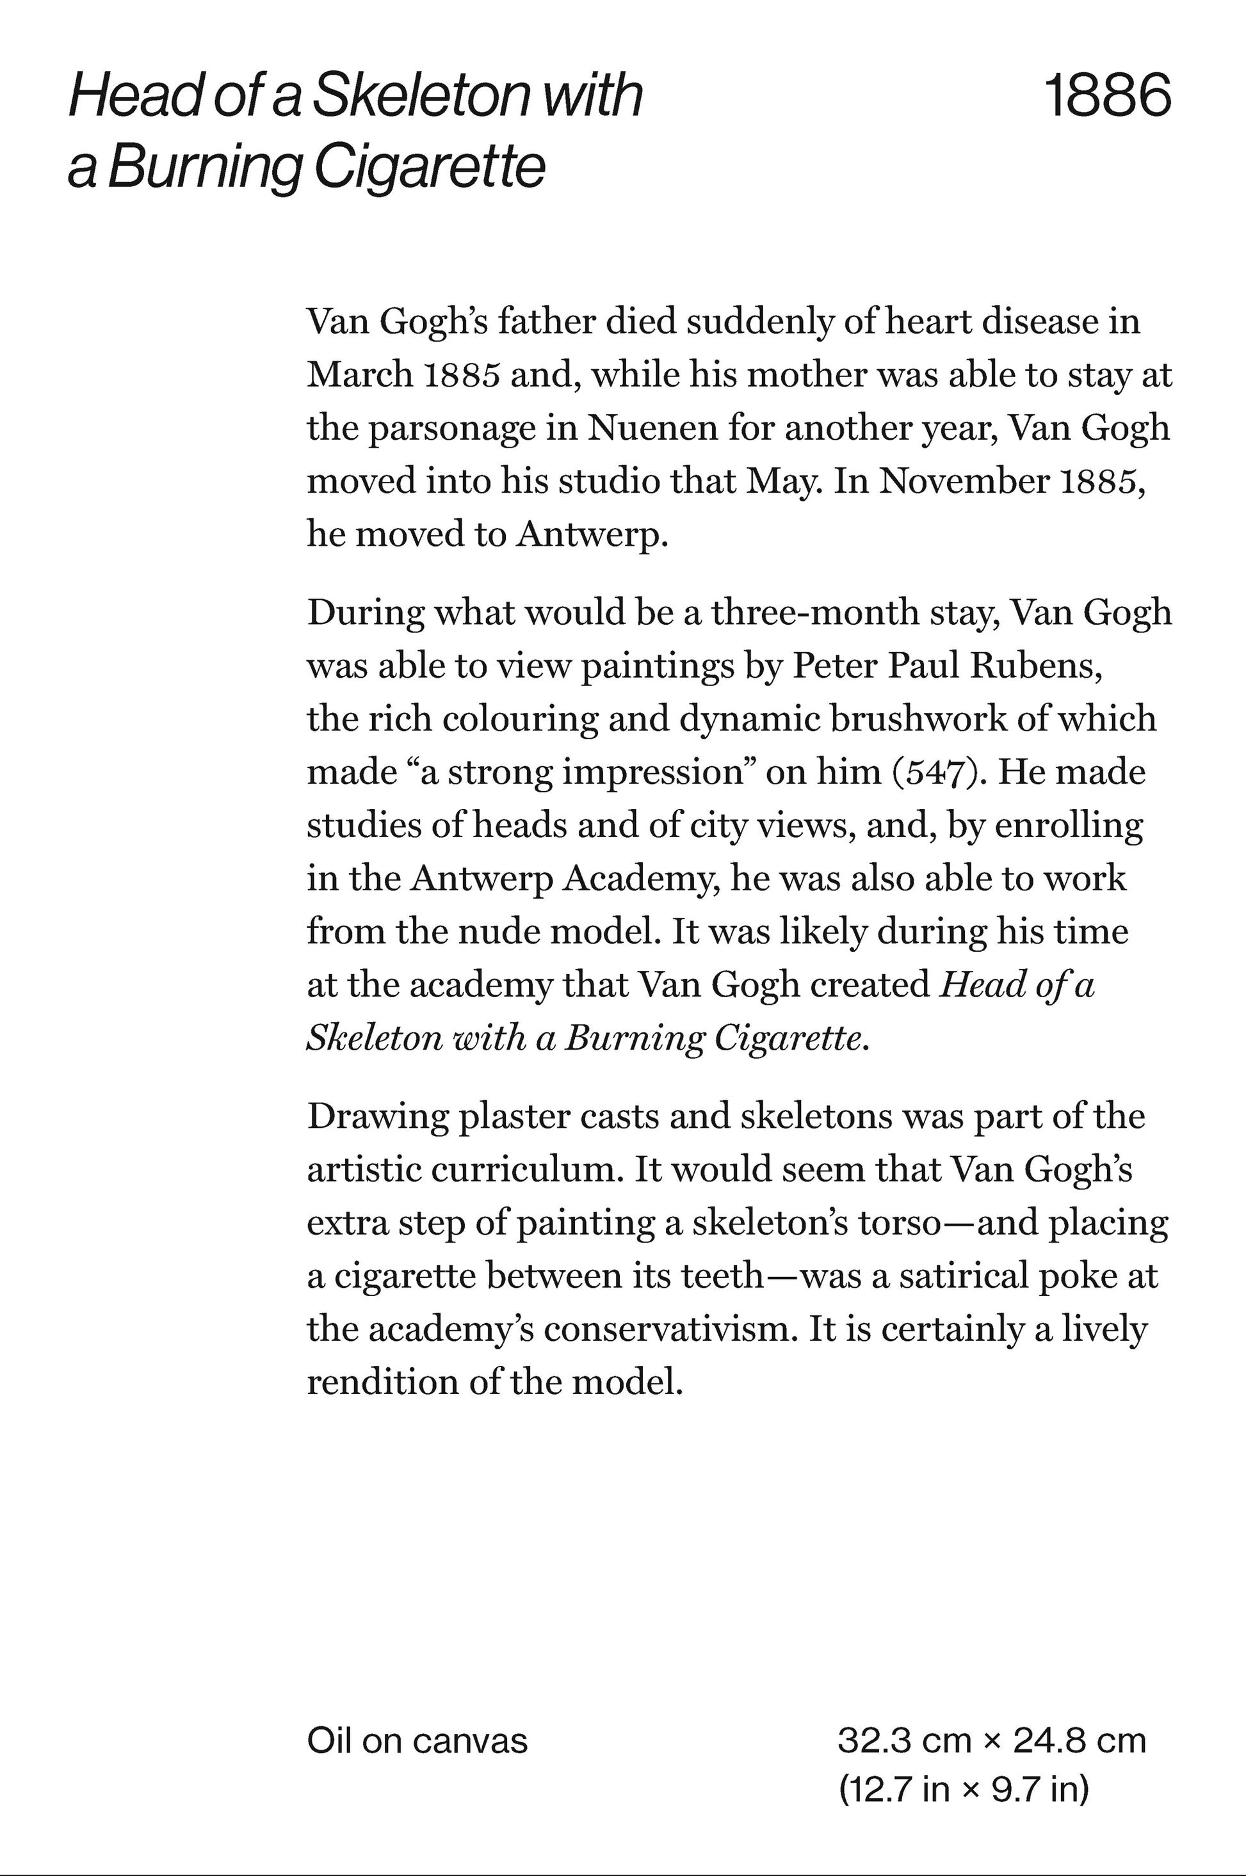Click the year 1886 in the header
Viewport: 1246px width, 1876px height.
click(1108, 96)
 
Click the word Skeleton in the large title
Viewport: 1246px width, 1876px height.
click(419, 96)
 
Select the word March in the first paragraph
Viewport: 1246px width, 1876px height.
click(359, 375)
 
